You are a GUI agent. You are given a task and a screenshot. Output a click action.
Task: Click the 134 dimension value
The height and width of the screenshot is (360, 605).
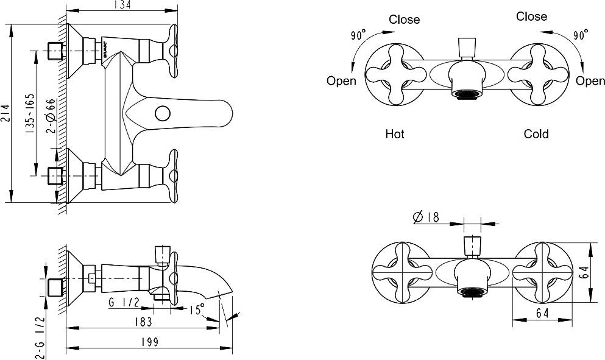pyautogui.click(x=122, y=5)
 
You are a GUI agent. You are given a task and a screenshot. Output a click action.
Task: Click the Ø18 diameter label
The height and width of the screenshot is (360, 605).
pyautogui.click(x=426, y=217)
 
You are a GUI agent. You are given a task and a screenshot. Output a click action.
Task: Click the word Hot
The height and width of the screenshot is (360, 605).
pyautogui.click(x=395, y=133)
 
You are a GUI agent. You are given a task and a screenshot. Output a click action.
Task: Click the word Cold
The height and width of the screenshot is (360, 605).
pyautogui.click(x=536, y=133)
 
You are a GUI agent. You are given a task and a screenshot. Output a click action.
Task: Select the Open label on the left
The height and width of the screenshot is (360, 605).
pyautogui.click(x=341, y=81)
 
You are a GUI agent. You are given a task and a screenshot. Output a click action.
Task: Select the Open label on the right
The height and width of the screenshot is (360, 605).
pyautogui.click(x=590, y=81)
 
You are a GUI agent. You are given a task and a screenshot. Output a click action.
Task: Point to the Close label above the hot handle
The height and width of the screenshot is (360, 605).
pyautogui.click(x=405, y=19)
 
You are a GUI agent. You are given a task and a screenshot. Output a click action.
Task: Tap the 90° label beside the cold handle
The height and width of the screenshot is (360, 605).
pyautogui.click(x=580, y=35)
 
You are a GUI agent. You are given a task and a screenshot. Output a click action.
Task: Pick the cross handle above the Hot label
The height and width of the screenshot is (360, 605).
pyautogui.click(x=394, y=76)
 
